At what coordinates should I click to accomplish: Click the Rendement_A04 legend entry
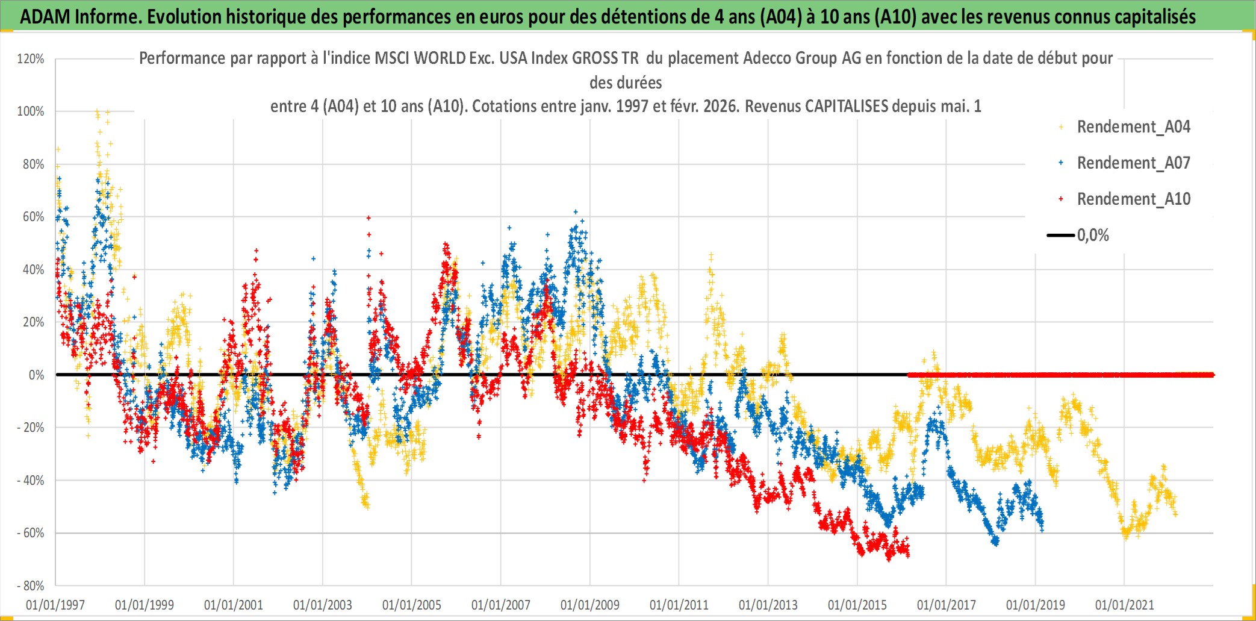click(x=1133, y=127)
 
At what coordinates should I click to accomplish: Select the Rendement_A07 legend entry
click(x=1133, y=163)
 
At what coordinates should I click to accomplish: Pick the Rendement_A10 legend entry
click(x=1133, y=199)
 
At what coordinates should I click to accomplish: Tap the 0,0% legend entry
click(x=1093, y=236)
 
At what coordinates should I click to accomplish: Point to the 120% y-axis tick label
click(x=31, y=59)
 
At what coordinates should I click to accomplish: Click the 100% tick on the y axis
click(x=31, y=111)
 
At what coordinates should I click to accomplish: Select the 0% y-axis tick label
click(x=36, y=375)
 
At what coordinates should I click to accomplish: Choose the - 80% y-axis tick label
click(x=30, y=586)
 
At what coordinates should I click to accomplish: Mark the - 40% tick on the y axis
click(x=30, y=481)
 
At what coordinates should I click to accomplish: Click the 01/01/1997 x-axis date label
click(x=55, y=605)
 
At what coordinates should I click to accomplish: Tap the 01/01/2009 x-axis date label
click(x=590, y=605)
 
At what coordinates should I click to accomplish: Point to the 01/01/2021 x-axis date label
click(x=1125, y=605)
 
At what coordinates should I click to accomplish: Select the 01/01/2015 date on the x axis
click(x=857, y=605)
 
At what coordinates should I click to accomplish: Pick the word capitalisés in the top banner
click(x=1154, y=17)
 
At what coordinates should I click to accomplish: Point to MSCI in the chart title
click(x=390, y=58)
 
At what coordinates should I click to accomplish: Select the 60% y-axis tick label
click(x=33, y=217)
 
